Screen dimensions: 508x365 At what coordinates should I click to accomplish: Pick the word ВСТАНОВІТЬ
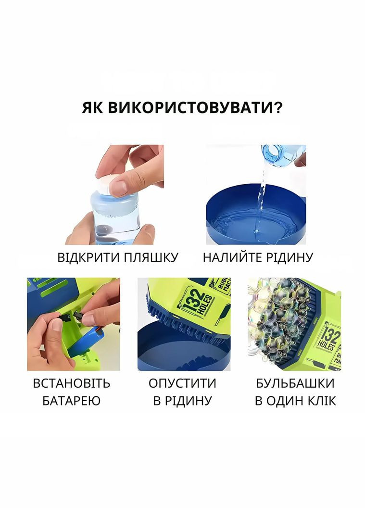72,383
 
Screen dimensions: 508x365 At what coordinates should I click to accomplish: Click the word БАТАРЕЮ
72,401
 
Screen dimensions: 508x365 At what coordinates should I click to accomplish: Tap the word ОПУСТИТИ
182,383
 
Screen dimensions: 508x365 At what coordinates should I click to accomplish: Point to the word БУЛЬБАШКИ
295,383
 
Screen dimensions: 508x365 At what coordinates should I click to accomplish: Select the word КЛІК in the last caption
320,401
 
